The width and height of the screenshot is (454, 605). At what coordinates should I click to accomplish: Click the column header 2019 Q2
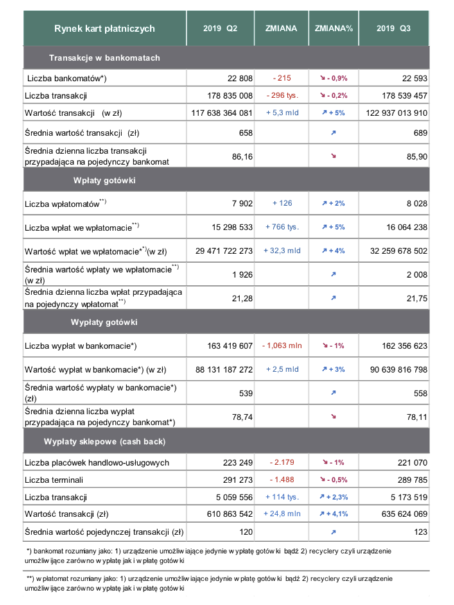coord(220,29)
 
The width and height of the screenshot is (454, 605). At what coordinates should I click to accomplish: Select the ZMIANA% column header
coord(333,29)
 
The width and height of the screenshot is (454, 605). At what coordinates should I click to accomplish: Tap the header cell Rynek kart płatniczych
coord(104,29)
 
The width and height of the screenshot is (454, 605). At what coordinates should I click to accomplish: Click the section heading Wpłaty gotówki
coord(104,180)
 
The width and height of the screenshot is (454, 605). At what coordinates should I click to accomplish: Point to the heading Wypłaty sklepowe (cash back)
coord(104,441)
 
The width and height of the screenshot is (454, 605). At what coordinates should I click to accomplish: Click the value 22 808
coord(240,78)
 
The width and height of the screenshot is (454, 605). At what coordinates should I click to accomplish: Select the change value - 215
coord(282,78)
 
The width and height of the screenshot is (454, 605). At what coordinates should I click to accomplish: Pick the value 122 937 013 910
coord(396,113)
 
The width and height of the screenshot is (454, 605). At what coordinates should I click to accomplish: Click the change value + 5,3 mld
coord(282,113)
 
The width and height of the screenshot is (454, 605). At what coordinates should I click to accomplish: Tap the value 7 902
coord(242,203)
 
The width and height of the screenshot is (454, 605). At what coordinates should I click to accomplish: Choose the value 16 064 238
coord(406,227)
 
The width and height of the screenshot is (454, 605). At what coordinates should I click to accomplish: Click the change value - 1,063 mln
coord(282,346)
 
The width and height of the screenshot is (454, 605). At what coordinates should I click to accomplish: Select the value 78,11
coord(417,417)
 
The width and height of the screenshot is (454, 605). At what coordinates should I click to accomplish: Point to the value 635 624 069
coord(404,514)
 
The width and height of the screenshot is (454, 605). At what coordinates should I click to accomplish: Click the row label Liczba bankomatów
coord(67,78)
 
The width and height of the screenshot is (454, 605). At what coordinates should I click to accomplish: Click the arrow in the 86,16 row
coord(333,156)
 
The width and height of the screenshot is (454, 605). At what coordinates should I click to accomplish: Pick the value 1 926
coord(242,275)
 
